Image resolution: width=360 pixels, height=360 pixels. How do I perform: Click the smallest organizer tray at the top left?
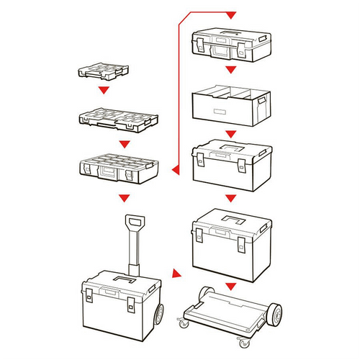[x=104, y=72]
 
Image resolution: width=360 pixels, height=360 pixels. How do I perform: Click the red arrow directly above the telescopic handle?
[x=125, y=196]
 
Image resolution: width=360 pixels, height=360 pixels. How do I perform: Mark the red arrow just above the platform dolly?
[x=230, y=287]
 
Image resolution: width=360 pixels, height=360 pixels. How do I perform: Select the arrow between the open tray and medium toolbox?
[x=230, y=134]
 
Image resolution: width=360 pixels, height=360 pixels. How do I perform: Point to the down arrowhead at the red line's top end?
[x=230, y=15]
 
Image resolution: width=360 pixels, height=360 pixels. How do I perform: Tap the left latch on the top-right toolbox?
[x=199, y=45]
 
